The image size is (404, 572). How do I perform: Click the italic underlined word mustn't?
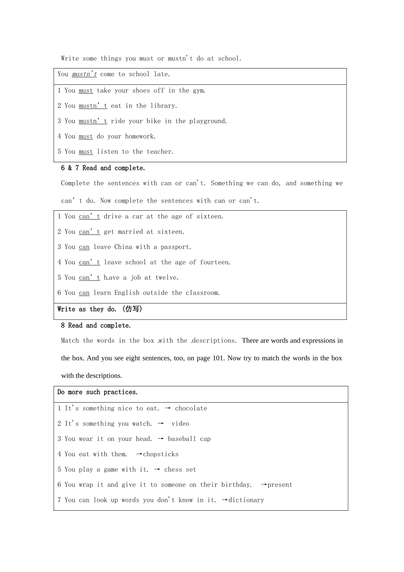[84, 74]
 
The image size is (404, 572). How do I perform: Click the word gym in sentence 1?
[199, 91]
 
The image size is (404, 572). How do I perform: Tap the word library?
[163, 106]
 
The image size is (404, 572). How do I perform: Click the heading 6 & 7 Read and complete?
[103, 168]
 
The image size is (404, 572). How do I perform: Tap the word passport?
[176, 247]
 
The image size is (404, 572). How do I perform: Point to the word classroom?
[202, 293]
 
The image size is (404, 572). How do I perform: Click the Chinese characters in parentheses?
[132, 309]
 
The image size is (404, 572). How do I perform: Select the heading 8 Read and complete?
[96, 326]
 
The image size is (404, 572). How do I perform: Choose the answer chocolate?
[191, 409]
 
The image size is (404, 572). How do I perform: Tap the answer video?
[180, 424]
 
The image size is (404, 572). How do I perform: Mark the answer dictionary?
[246, 500]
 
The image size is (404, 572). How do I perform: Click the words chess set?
[180, 470]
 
